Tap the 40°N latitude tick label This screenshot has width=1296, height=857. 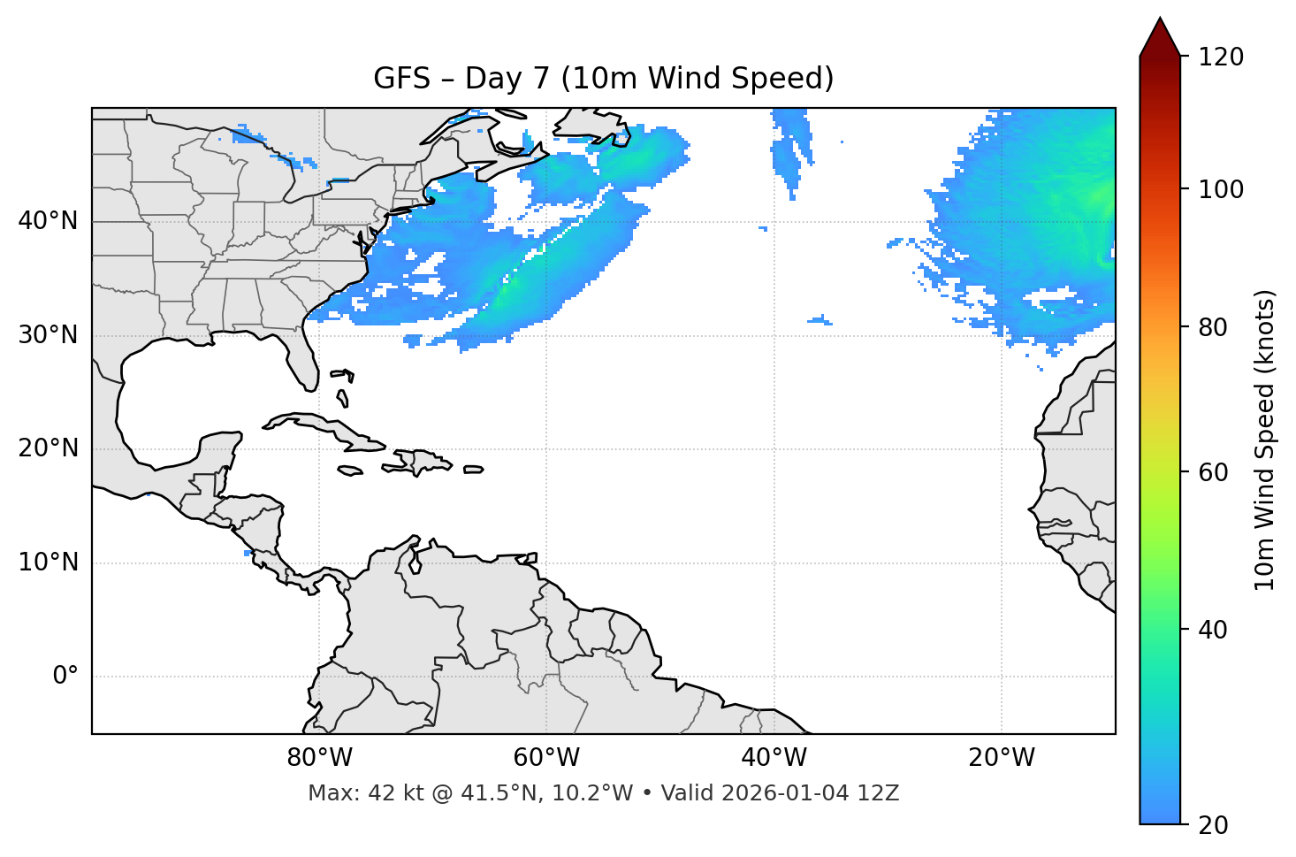[48, 221]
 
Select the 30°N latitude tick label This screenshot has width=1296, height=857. [48, 335]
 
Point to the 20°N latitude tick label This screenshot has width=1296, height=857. [48, 448]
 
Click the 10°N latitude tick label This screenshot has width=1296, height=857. [48, 562]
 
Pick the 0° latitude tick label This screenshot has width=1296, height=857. [65, 677]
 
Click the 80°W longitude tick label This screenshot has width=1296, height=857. [319, 758]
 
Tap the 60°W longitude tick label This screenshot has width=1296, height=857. [546, 758]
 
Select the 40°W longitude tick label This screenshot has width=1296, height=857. [774, 758]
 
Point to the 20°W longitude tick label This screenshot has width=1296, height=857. [1001, 758]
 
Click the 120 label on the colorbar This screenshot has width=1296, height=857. [1221, 57]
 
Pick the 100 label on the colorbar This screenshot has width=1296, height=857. [1221, 189]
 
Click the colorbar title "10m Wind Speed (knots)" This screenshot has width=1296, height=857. [1265, 440]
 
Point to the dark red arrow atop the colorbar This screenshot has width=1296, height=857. [1160, 38]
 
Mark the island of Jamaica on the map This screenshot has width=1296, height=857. [350, 471]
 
